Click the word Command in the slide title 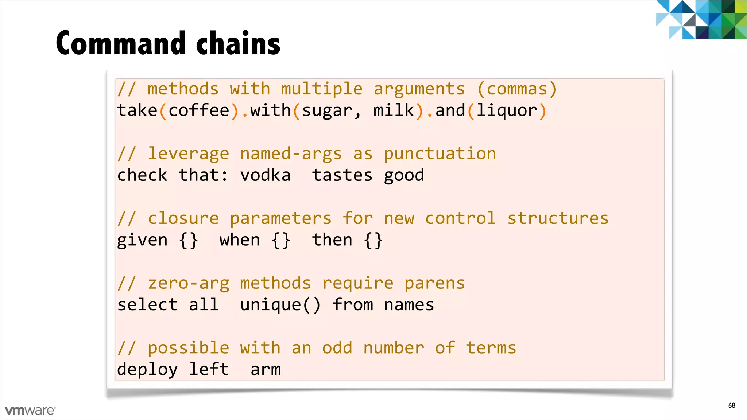pos(121,43)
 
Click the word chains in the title pos(238,43)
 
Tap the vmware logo pos(30,411)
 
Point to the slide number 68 pos(732,405)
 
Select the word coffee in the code pos(199,110)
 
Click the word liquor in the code pos(507,110)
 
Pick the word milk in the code pos(394,110)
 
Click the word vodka pos(265,175)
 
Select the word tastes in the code pos(342,175)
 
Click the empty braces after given pos(189,240)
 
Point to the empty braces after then pos(373,240)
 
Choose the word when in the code pos(240,240)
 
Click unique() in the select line pos(280,305)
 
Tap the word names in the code pos(409,305)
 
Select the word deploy pos(147,369)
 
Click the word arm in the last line pos(266,369)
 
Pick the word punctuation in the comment pos(440,154)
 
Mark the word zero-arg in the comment pos(189,283)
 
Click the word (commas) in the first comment pos(517,89)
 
